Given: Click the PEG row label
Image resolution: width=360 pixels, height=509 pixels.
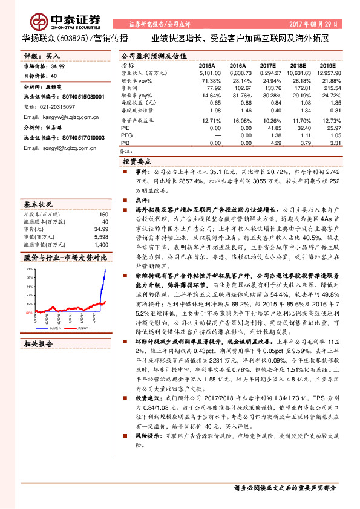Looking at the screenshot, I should (x=126, y=136).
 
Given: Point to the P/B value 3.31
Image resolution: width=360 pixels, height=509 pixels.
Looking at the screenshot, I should (x=334, y=143).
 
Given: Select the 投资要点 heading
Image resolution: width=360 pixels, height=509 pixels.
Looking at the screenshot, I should (x=138, y=162).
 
